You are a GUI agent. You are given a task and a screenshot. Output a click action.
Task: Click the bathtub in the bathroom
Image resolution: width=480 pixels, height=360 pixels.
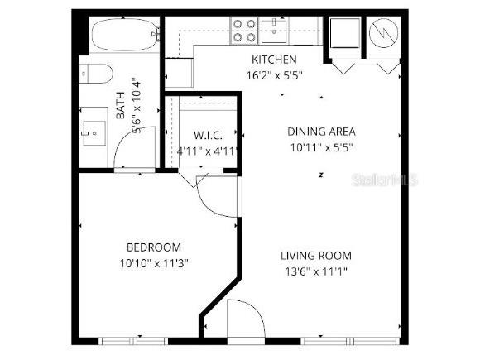[x=123, y=36]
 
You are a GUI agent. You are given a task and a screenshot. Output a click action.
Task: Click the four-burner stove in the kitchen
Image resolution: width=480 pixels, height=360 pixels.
[x=244, y=31]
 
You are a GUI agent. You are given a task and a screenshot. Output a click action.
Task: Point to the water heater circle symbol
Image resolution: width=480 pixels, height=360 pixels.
[x=383, y=35]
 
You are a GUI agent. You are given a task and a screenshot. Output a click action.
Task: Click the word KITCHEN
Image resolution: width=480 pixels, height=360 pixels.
[x=274, y=60]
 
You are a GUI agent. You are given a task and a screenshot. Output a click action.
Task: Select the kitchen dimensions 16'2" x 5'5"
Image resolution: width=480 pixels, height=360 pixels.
[x=274, y=75]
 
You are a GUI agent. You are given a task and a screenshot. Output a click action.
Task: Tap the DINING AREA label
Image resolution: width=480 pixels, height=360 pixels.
[x=321, y=131]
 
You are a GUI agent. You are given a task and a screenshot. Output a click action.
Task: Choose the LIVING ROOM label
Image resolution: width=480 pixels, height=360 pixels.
[x=316, y=255]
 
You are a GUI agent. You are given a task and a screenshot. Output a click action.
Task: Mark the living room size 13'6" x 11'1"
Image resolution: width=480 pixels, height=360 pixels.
[x=316, y=271]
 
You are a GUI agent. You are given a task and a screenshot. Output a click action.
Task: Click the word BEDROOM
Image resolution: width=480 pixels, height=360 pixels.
[x=153, y=247]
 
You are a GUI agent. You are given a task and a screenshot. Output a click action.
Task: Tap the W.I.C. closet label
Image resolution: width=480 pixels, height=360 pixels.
[x=209, y=136]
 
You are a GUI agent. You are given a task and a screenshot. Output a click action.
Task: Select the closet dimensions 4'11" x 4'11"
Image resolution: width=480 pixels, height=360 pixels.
[x=209, y=151]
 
